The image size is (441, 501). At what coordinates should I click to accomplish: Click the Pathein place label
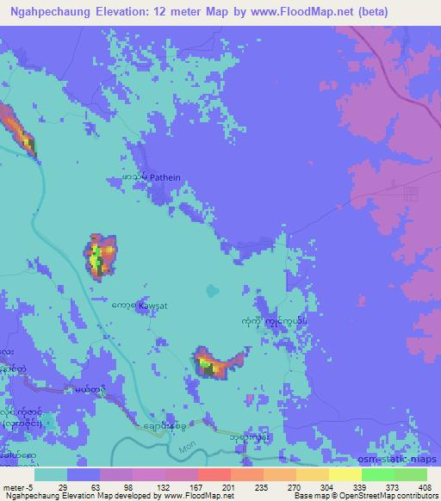tap(165, 177)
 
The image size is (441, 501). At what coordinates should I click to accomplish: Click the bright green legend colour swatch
tap(377, 474)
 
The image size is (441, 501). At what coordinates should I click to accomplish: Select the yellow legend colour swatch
tap(345, 474)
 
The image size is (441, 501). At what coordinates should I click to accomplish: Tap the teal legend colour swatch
tap(51, 474)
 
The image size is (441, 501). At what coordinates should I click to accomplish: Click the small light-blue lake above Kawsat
tap(211, 292)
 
